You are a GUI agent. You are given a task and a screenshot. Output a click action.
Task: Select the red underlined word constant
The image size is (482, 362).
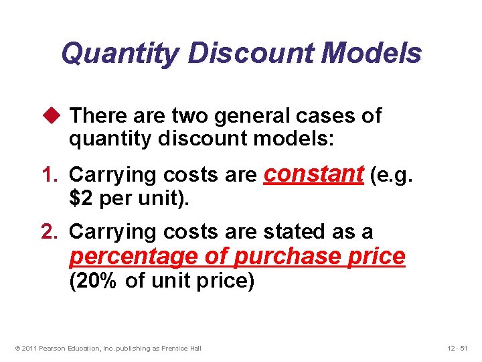click(x=313, y=174)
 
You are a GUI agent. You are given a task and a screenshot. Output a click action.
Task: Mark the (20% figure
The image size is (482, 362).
click(x=94, y=282)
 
